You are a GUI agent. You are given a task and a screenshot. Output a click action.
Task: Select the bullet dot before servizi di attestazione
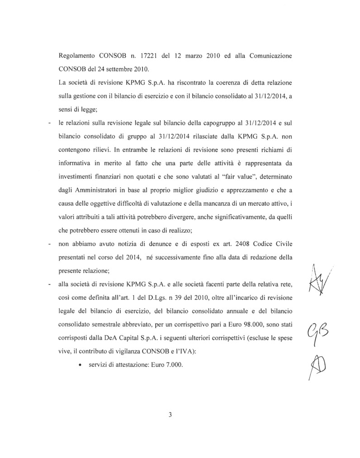click(80, 365)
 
